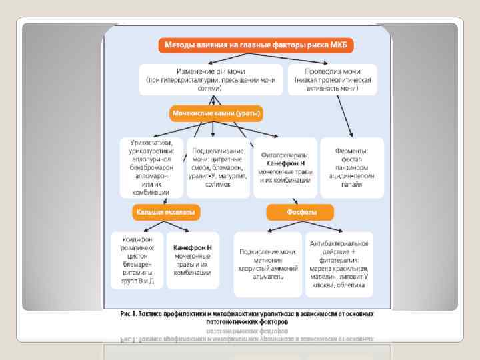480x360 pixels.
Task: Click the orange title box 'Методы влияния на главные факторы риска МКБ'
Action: pyautogui.click(x=257, y=45)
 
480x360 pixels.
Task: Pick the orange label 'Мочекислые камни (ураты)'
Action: pyautogui.click(x=216, y=113)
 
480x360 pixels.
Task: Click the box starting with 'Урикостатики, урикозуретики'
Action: pyautogui.click(x=151, y=167)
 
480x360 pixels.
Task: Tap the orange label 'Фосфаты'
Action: pyautogui.click(x=301, y=212)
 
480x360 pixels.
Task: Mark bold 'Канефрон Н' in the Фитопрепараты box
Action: pyautogui.click(x=285, y=163)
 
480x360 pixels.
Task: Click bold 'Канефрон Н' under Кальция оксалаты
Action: pyautogui.click(x=192, y=247)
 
